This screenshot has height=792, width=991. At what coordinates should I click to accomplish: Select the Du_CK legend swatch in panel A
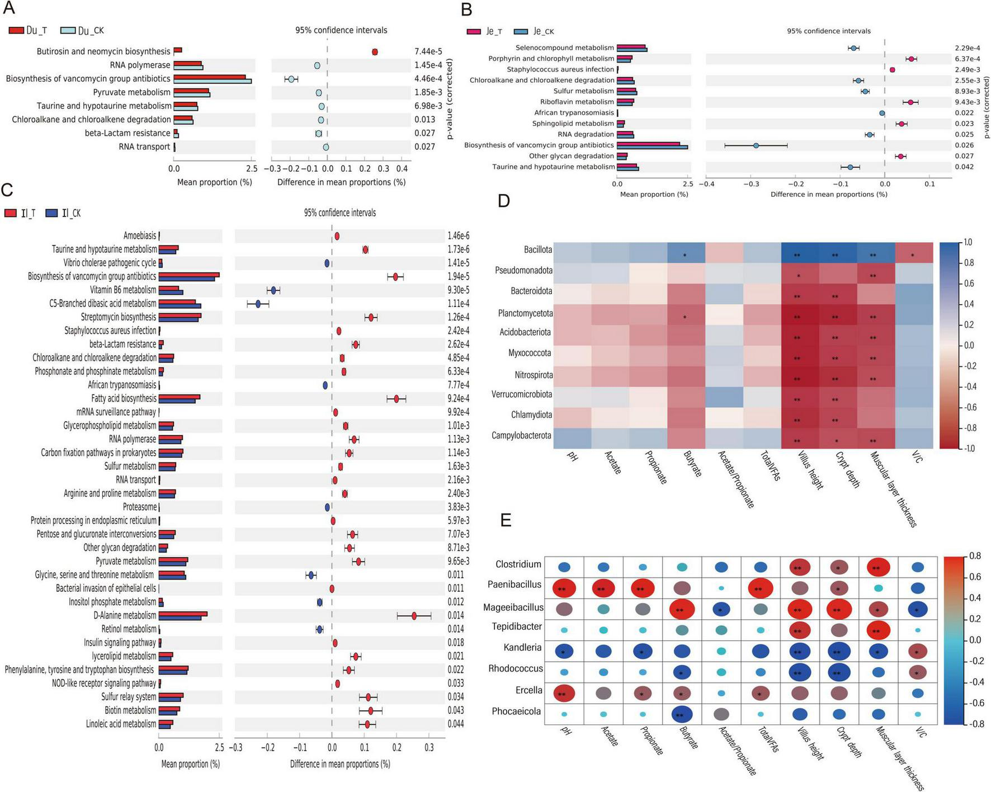[x=68, y=31]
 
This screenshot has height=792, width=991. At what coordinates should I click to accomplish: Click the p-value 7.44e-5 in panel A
[x=428, y=51]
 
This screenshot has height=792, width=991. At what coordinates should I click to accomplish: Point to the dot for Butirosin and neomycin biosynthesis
[x=375, y=52]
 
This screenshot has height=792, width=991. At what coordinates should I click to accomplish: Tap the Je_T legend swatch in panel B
[x=474, y=32]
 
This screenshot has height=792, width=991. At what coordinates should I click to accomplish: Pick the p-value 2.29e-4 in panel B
[x=968, y=48]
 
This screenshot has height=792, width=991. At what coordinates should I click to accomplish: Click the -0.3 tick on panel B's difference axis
[x=751, y=184]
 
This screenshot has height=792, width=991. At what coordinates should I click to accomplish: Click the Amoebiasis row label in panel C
[x=140, y=236]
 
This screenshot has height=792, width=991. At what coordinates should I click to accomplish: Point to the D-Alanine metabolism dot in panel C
[x=414, y=616]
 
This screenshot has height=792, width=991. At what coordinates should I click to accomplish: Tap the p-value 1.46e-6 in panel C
[x=459, y=236]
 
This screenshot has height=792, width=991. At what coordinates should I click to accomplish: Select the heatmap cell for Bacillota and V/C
[x=913, y=253]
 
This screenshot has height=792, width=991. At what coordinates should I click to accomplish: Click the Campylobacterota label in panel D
[x=521, y=436]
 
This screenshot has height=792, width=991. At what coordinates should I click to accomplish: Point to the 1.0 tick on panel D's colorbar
[x=968, y=243]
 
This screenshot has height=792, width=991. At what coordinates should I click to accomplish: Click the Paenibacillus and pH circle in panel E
[x=564, y=588]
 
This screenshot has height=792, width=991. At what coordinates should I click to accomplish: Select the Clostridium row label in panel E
[x=518, y=564]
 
